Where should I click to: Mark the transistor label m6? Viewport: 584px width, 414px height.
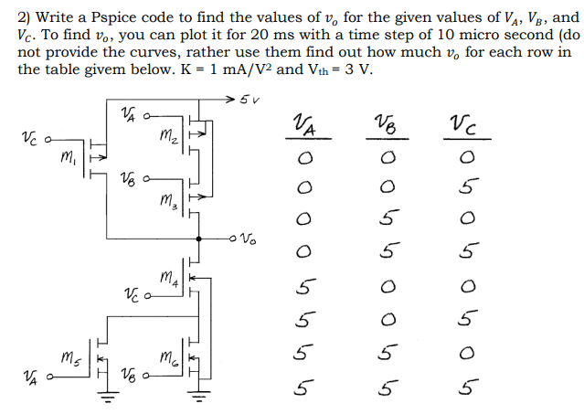(x=170, y=356)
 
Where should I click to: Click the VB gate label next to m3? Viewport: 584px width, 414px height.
(x=121, y=182)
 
